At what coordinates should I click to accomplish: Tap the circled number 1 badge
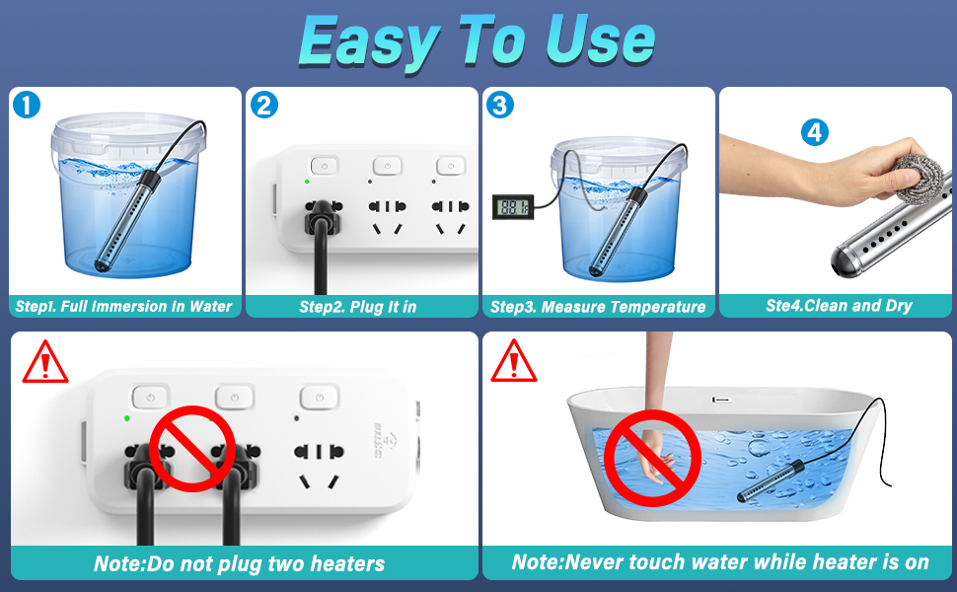point(27,105)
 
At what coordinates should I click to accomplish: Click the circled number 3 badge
point(500,105)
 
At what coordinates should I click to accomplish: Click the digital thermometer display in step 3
point(512,207)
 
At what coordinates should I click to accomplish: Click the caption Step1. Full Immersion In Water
point(124,307)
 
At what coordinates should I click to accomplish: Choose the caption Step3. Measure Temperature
point(598,307)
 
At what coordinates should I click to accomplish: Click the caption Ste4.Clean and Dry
point(839,306)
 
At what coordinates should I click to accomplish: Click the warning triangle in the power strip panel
point(45,362)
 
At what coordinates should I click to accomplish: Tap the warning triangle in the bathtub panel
point(514,362)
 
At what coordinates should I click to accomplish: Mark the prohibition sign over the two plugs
point(191,448)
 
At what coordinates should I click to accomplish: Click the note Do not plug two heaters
point(239,564)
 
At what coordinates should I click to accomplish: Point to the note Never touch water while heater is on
point(720,562)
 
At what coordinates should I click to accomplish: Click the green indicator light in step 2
point(307,182)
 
